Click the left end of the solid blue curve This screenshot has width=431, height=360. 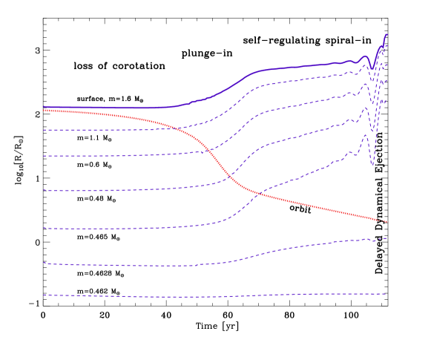44,107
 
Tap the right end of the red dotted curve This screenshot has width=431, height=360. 386,222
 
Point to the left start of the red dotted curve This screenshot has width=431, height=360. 44,111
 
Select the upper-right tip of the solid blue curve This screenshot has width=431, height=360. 386,34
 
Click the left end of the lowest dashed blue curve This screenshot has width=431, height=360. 44,295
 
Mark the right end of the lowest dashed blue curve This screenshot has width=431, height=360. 386,294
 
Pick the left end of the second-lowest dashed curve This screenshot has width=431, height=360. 44,263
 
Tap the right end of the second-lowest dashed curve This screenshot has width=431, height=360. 386,238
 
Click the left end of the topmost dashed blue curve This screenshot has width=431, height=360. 44,130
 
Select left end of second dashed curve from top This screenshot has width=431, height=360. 44,156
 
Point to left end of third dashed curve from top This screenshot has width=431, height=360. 44,190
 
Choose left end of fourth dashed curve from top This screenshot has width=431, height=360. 44,228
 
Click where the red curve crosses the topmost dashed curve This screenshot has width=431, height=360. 175,128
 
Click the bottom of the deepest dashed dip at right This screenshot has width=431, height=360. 372,164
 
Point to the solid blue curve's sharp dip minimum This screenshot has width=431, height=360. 372,69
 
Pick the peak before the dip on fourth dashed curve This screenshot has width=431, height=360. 365,135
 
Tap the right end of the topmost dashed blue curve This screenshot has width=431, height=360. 386,46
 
